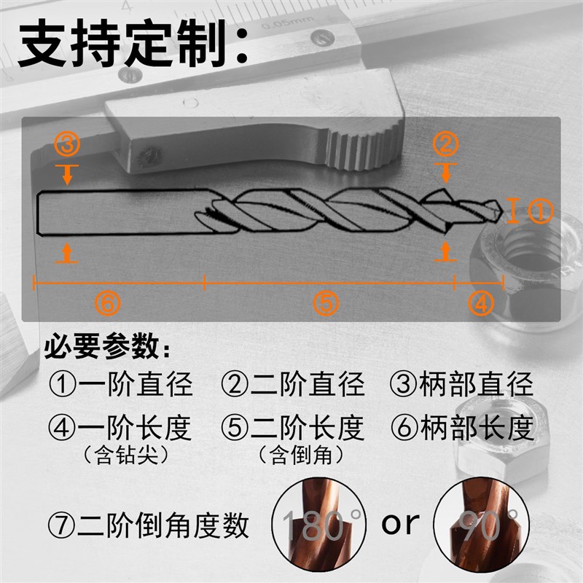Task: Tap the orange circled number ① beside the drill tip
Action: [541, 211]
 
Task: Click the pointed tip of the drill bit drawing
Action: [504, 211]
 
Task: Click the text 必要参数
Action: [109, 348]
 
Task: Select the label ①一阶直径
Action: [121, 384]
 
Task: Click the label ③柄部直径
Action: [466, 384]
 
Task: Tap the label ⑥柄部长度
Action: [466, 428]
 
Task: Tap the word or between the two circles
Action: [401, 522]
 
